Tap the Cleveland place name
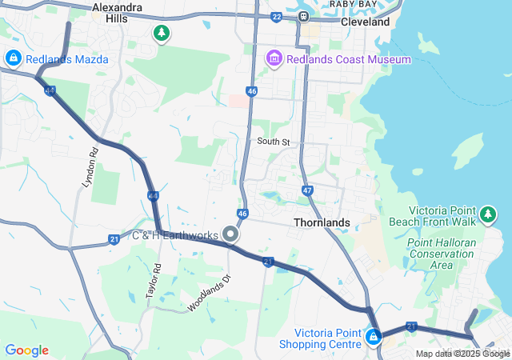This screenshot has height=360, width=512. (x=365, y=22)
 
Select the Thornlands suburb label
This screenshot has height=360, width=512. (x=322, y=222)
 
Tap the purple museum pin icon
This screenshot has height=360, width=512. (x=274, y=58)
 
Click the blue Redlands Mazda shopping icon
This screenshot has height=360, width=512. (x=13, y=58)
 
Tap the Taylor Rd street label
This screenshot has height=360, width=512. (x=154, y=282)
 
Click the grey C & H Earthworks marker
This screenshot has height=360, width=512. (x=230, y=234)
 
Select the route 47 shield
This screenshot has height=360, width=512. (x=307, y=190)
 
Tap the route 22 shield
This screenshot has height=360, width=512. (x=276, y=16)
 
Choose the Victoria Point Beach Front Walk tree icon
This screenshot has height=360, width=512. (x=488, y=214)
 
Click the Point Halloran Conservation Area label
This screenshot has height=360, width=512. (x=441, y=254)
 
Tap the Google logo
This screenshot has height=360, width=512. (x=26, y=350)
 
